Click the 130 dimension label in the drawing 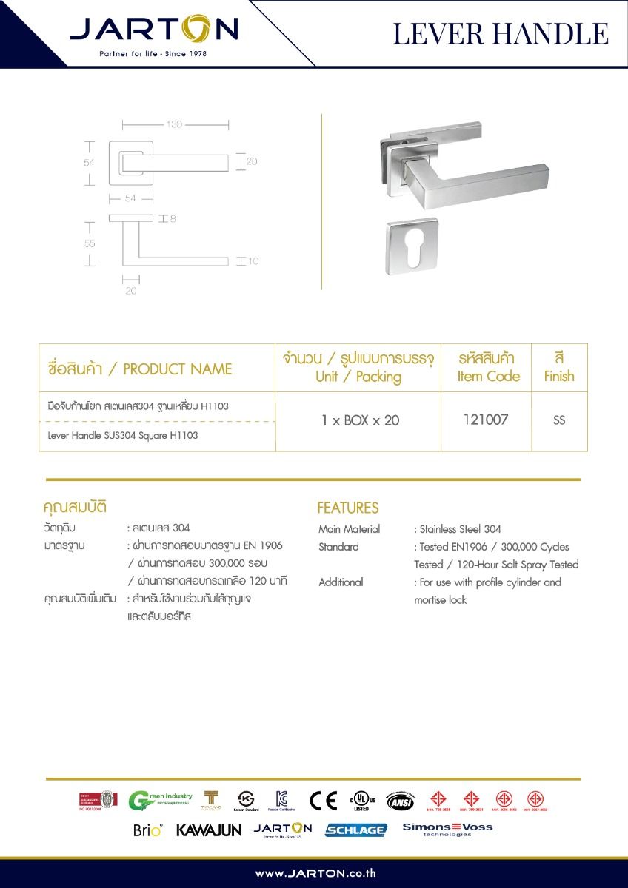pyautogui.click(x=174, y=124)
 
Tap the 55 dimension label pyautogui.click(x=90, y=243)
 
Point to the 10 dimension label pyautogui.click(x=253, y=261)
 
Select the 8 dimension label pyautogui.click(x=173, y=219)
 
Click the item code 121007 pyautogui.click(x=485, y=420)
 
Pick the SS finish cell pyautogui.click(x=559, y=420)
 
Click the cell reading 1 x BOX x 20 pyautogui.click(x=360, y=420)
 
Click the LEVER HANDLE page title pyautogui.click(x=501, y=34)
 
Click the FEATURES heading pyautogui.click(x=347, y=508)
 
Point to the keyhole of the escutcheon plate pyautogui.click(x=412, y=246)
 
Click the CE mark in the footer pyautogui.click(x=323, y=801)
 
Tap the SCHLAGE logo pyautogui.click(x=355, y=830)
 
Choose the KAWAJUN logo pyautogui.click(x=209, y=830)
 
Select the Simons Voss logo pyautogui.click(x=447, y=829)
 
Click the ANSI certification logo pyautogui.click(x=401, y=801)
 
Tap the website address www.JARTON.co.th pyautogui.click(x=315, y=873)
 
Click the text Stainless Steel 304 pyautogui.click(x=461, y=529)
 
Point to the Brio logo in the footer pyautogui.click(x=147, y=830)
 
